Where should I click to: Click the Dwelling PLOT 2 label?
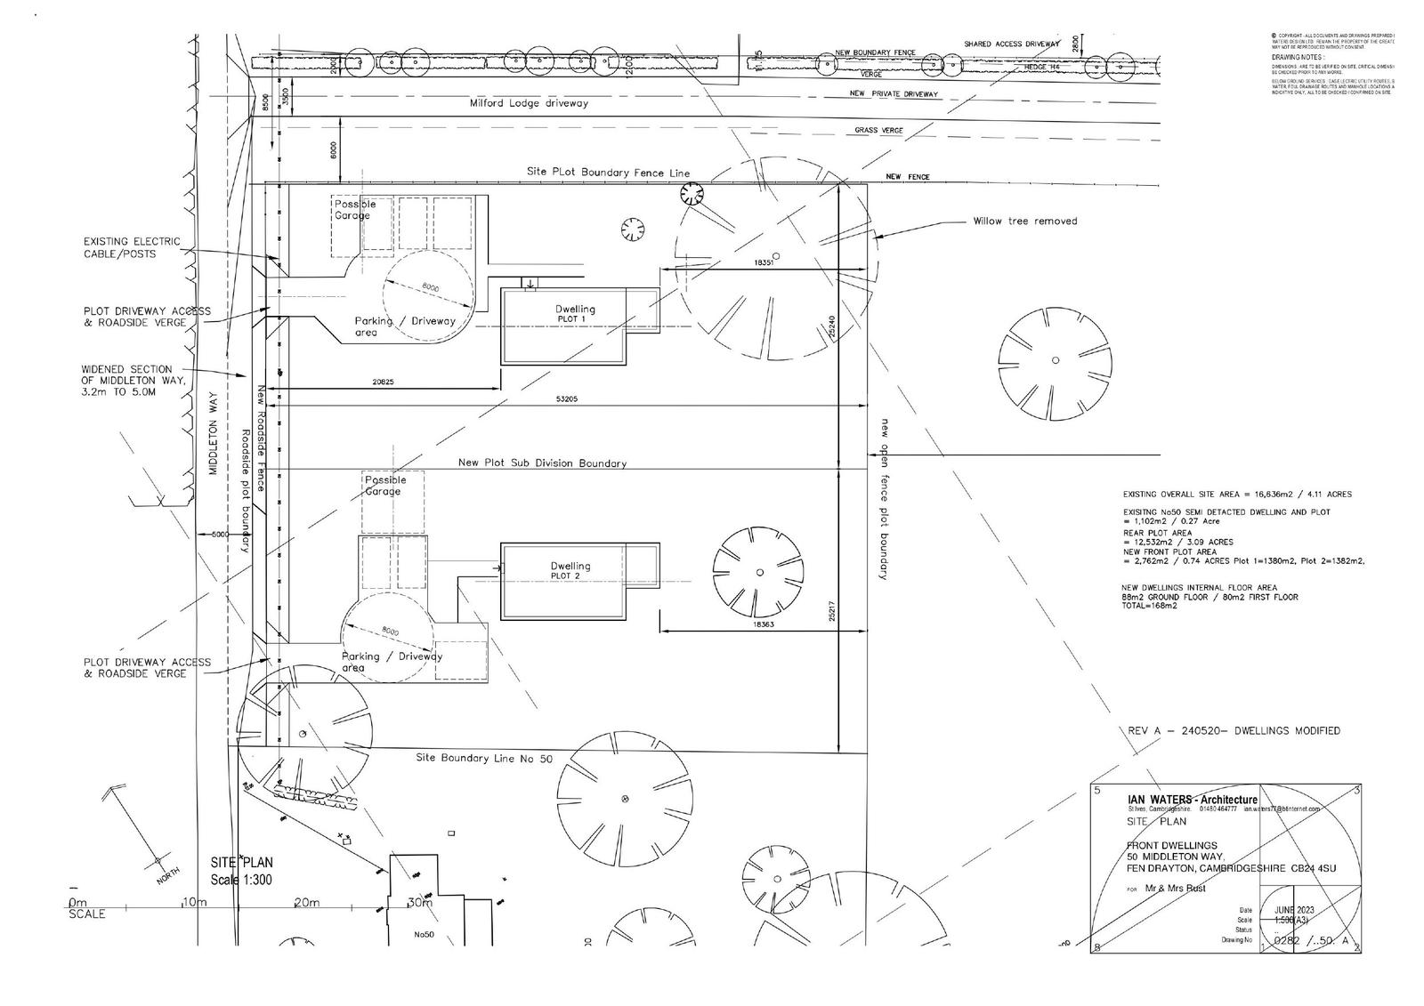[x=570, y=570]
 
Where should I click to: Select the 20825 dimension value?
[x=383, y=382]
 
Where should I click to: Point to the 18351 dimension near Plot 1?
[x=764, y=263]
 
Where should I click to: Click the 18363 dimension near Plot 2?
[x=763, y=625]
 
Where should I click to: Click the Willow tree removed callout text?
[x=1024, y=221]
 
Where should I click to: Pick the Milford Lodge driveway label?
[x=529, y=103]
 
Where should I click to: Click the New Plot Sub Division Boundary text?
[x=542, y=463]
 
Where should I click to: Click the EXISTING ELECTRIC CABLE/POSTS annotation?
[x=131, y=247]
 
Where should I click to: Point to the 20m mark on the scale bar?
[x=306, y=903]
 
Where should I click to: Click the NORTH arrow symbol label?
[x=167, y=875]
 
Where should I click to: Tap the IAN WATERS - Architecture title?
[x=1192, y=801]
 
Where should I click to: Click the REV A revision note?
[x=1233, y=731]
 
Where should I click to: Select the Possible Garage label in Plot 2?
[x=384, y=486]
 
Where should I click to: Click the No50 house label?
[x=423, y=935]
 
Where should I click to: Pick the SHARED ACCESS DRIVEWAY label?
[x=1012, y=44]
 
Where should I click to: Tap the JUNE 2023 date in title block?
[x=1294, y=910]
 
